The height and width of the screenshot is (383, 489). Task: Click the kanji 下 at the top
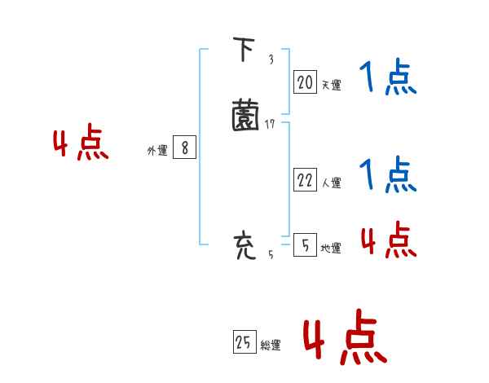tap(242, 51)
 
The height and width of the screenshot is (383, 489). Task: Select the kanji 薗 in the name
tap(244, 115)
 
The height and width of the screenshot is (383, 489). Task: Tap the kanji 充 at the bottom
tap(244, 245)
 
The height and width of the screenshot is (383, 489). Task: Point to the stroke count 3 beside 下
tap(271, 59)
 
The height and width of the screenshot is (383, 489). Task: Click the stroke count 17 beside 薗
tap(271, 124)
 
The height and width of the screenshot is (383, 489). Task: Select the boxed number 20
tap(305, 81)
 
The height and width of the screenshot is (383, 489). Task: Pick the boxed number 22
tap(305, 180)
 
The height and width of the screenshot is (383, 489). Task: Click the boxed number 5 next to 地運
tap(305, 245)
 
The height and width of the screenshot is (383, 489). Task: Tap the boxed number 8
tap(185, 147)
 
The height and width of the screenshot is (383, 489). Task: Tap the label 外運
tap(156, 151)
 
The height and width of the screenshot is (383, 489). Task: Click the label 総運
tap(271, 346)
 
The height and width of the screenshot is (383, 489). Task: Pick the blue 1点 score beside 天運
tap(388, 79)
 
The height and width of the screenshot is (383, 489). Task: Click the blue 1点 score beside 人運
tap(388, 174)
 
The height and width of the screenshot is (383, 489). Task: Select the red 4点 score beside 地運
tap(388, 240)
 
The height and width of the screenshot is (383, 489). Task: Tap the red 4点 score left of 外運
tap(81, 144)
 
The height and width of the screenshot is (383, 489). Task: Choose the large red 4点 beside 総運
tap(345, 337)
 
